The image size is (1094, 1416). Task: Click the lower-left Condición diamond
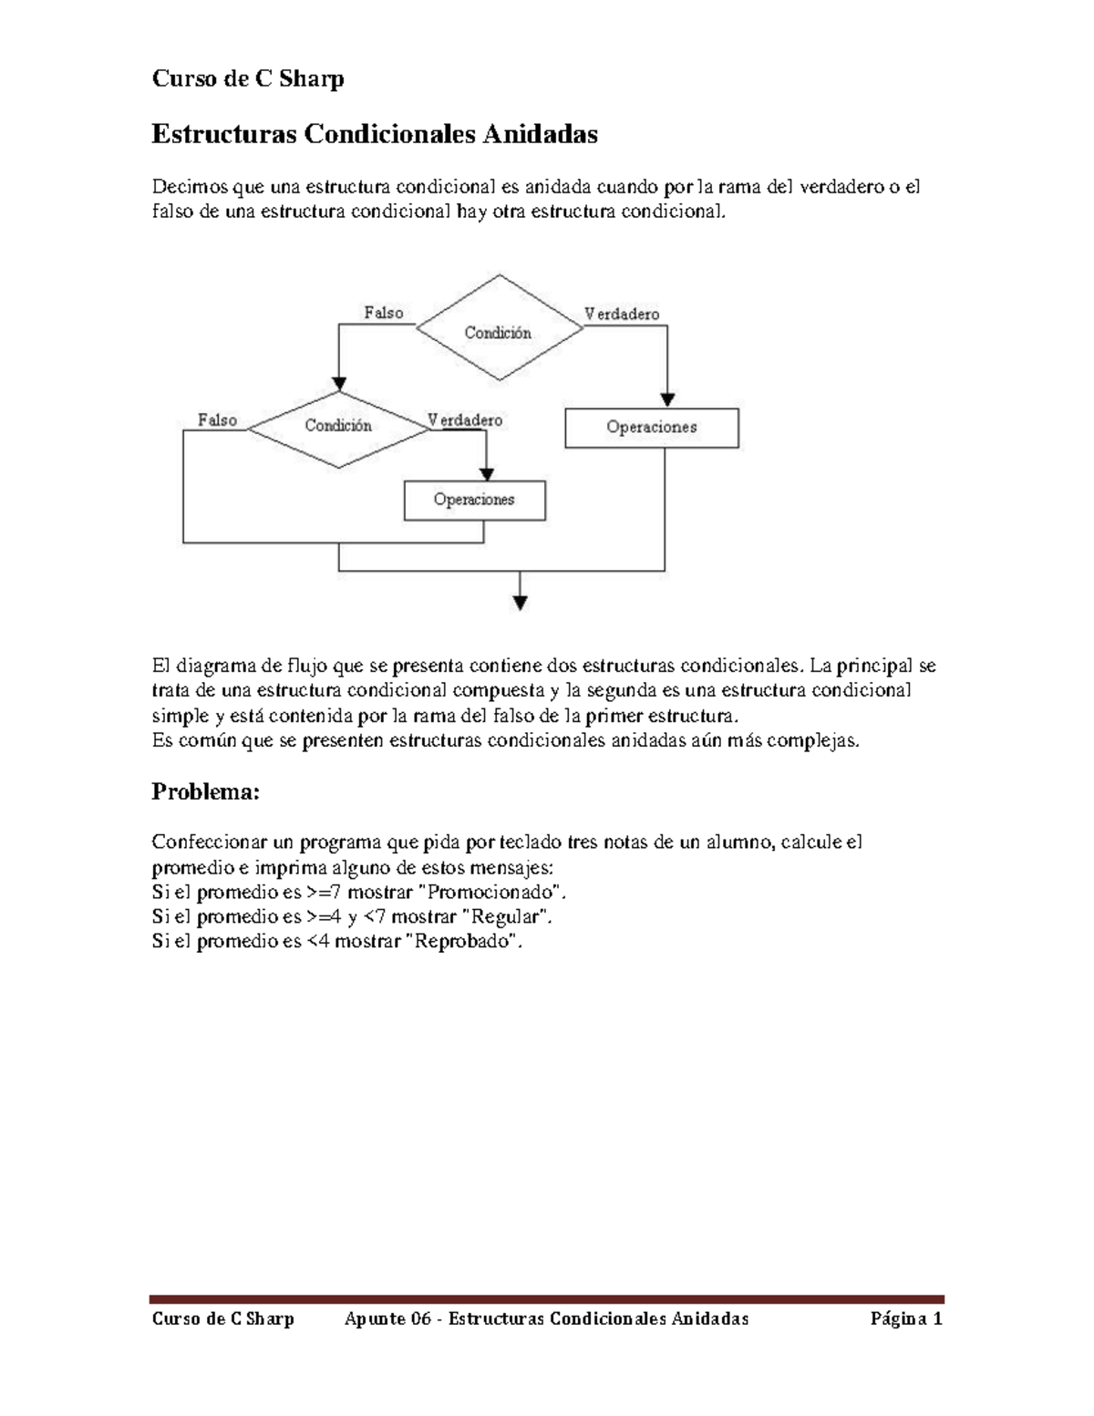(338, 426)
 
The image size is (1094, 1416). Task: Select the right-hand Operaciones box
(651, 428)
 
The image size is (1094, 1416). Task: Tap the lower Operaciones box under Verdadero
(474, 501)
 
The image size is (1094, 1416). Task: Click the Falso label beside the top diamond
(384, 313)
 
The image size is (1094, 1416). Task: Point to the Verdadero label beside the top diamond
(622, 314)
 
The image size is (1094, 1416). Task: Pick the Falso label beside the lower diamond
(217, 420)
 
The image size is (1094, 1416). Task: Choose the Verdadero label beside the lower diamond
(465, 420)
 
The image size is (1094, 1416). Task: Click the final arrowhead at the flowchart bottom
(520, 602)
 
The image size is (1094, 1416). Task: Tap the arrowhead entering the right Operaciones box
(667, 399)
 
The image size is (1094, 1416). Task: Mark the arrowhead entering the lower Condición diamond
(339, 384)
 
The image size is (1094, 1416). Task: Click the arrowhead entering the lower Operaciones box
(486, 474)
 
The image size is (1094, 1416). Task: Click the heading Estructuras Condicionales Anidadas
(374, 135)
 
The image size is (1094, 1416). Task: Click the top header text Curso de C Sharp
(247, 79)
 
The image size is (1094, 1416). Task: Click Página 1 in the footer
(906, 1318)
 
